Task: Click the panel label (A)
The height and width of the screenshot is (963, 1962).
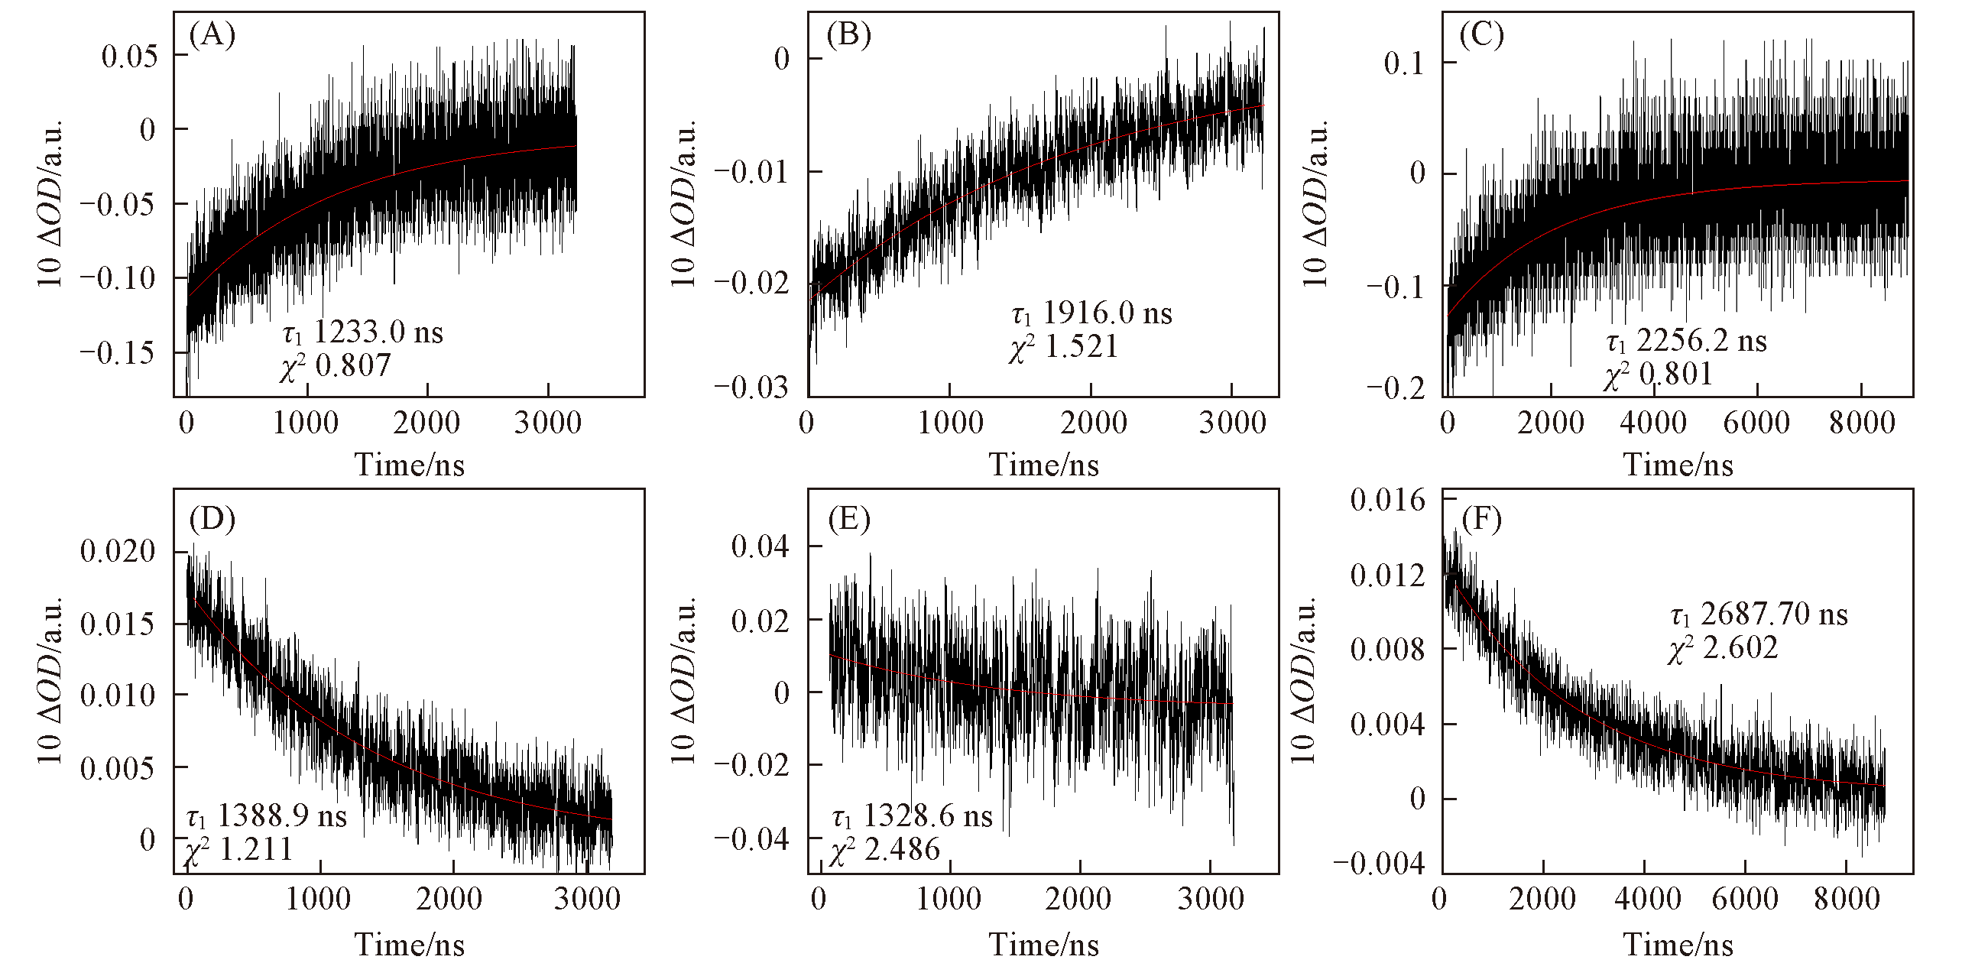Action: [212, 35]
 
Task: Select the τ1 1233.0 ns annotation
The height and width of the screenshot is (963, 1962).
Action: [363, 332]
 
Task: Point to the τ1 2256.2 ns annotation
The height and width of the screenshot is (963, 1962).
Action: [1686, 341]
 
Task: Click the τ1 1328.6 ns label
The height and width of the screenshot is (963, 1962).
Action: [912, 817]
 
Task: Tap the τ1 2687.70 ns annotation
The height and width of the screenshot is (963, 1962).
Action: [1759, 614]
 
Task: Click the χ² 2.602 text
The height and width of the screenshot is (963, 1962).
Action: [1723, 648]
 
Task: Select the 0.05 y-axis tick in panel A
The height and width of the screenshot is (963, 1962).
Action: [130, 56]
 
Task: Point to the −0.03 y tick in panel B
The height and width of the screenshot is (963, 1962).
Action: [751, 387]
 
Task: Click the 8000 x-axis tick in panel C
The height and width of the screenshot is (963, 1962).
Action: [1862, 423]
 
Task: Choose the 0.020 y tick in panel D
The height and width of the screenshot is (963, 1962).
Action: [118, 551]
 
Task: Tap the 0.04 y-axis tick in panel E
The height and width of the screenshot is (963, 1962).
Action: [760, 546]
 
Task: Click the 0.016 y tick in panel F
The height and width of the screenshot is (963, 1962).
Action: [1387, 501]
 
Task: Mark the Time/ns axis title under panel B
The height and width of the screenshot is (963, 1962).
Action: [1044, 465]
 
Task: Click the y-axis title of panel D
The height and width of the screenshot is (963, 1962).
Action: [50, 681]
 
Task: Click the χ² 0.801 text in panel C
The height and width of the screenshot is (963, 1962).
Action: [1658, 374]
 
